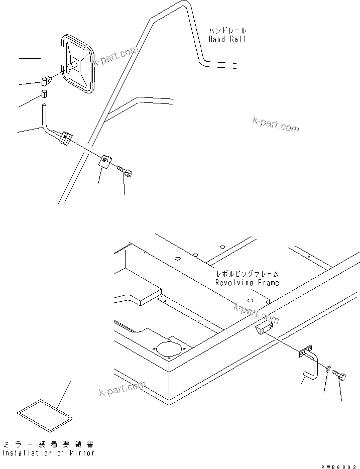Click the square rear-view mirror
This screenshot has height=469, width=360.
click(x=78, y=64)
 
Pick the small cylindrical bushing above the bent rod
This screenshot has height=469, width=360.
click(x=44, y=94)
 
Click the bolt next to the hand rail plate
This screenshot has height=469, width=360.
click(x=126, y=173)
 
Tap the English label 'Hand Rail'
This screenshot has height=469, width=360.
click(x=227, y=39)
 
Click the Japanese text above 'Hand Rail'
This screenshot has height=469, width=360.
click(x=227, y=31)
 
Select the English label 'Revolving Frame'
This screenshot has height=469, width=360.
click(x=247, y=283)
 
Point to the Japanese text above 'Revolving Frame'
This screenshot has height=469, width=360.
click(x=247, y=275)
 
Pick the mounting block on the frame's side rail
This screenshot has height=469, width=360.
click(x=262, y=329)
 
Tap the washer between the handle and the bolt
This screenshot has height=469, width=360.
click(x=327, y=370)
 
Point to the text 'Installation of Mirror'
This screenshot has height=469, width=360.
click(x=48, y=453)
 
